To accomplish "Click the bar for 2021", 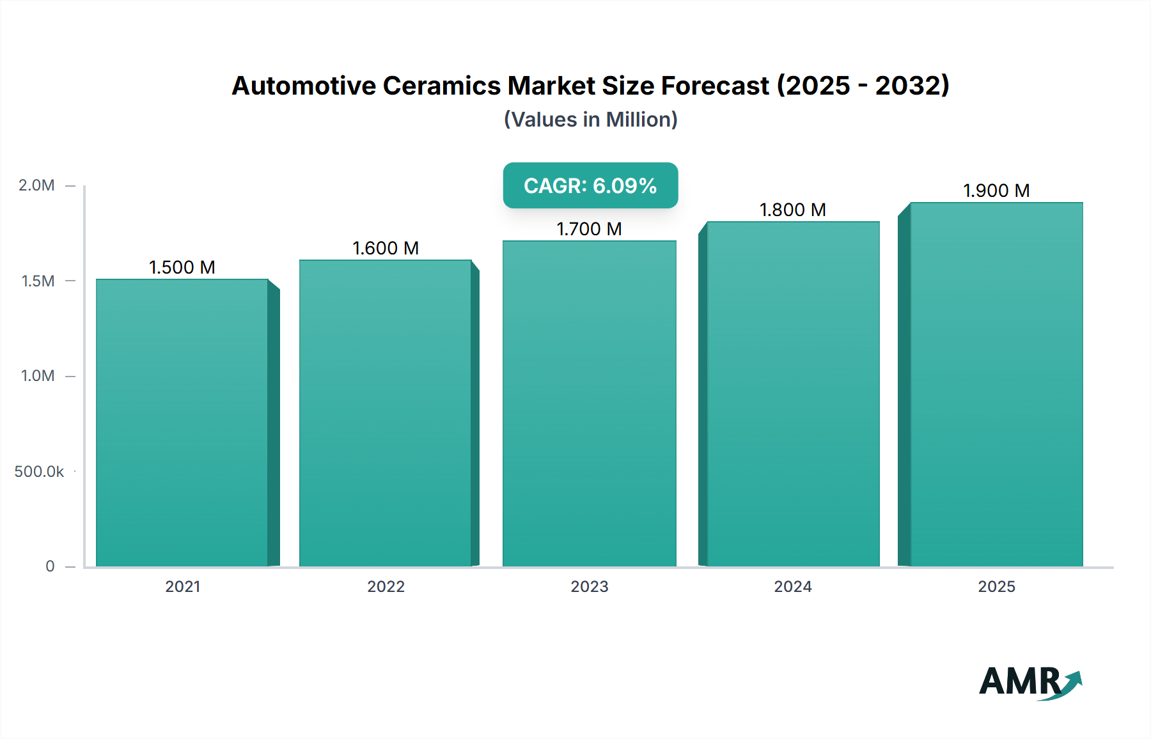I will point(182,423).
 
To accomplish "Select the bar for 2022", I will point(386,413).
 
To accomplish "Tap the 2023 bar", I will point(589,403).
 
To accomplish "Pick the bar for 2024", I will point(793,394).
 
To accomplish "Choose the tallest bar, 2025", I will point(996,384).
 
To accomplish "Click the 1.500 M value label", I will point(182,267).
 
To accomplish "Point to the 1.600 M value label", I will point(386,248).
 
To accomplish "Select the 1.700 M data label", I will point(589,229).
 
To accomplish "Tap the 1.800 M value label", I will point(793,210).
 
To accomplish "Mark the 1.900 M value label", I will point(996,191).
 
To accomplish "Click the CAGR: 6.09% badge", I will point(590,185).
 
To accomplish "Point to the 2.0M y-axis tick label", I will point(36,185).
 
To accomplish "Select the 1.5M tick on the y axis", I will point(38,281).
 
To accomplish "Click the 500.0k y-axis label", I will point(39,472).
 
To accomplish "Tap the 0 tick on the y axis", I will point(50,566).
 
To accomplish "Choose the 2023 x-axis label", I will point(589,587).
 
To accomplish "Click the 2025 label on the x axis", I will point(996,587).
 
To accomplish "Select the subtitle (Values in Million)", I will point(590,120).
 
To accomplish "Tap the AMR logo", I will point(1030,682).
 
